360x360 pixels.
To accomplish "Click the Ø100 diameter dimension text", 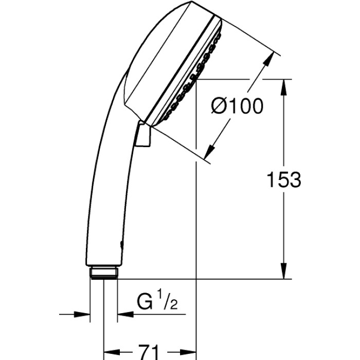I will (x=237, y=106).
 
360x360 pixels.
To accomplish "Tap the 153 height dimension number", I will (x=283, y=179).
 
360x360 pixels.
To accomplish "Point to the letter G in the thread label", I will (x=145, y=300).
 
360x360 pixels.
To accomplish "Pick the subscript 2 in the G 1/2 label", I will (x=173, y=303).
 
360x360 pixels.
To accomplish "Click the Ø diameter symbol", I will (x=219, y=106).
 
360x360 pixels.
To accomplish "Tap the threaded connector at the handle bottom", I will (x=104, y=272).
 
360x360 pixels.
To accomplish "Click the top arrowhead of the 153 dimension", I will (x=283, y=86).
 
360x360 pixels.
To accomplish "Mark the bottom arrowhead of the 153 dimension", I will (x=283, y=272).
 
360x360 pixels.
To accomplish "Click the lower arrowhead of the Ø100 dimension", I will (x=209, y=151).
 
